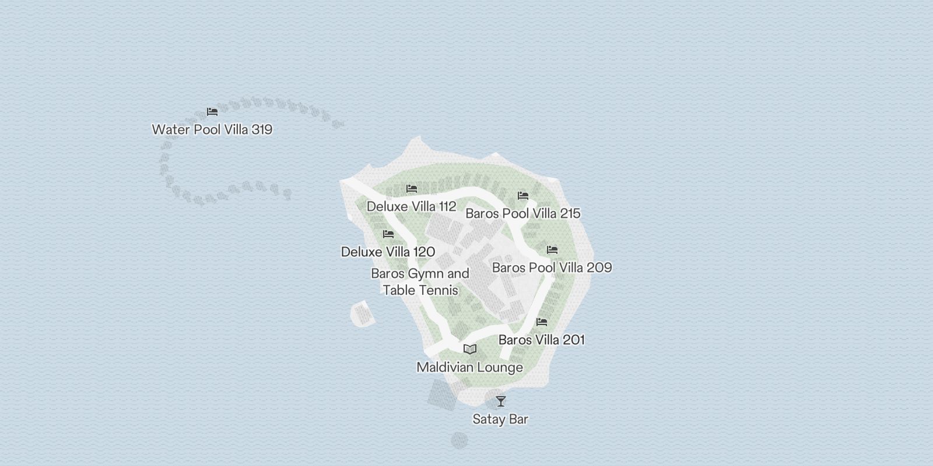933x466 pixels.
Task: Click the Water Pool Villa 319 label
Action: pos(212,129)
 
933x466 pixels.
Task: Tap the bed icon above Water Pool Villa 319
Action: pos(212,112)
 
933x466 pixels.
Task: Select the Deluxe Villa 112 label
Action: pos(411,206)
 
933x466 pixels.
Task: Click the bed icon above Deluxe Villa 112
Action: pos(412,189)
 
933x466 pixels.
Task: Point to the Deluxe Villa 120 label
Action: pos(388,252)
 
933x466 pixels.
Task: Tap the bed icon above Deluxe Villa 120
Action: pos(388,234)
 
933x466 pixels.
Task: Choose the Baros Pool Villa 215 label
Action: pos(522,213)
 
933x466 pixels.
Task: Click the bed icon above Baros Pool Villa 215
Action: pos(523,196)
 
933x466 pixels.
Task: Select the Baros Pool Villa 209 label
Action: pos(552,267)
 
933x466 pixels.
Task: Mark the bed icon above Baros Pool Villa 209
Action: pos(552,250)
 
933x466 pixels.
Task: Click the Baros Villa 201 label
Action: pos(541,340)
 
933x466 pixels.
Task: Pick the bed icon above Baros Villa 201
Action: pos(542,322)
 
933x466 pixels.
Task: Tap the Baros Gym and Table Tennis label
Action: pos(420,281)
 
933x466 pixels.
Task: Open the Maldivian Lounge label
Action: pos(469,368)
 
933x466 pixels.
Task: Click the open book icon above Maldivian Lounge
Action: pos(470,349)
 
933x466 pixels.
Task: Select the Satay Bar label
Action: pos(500,419)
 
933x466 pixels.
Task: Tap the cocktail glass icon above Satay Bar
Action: pos(501,401)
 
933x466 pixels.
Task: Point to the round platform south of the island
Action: pos(460,440)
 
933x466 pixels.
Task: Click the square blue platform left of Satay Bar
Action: pos(441,395)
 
